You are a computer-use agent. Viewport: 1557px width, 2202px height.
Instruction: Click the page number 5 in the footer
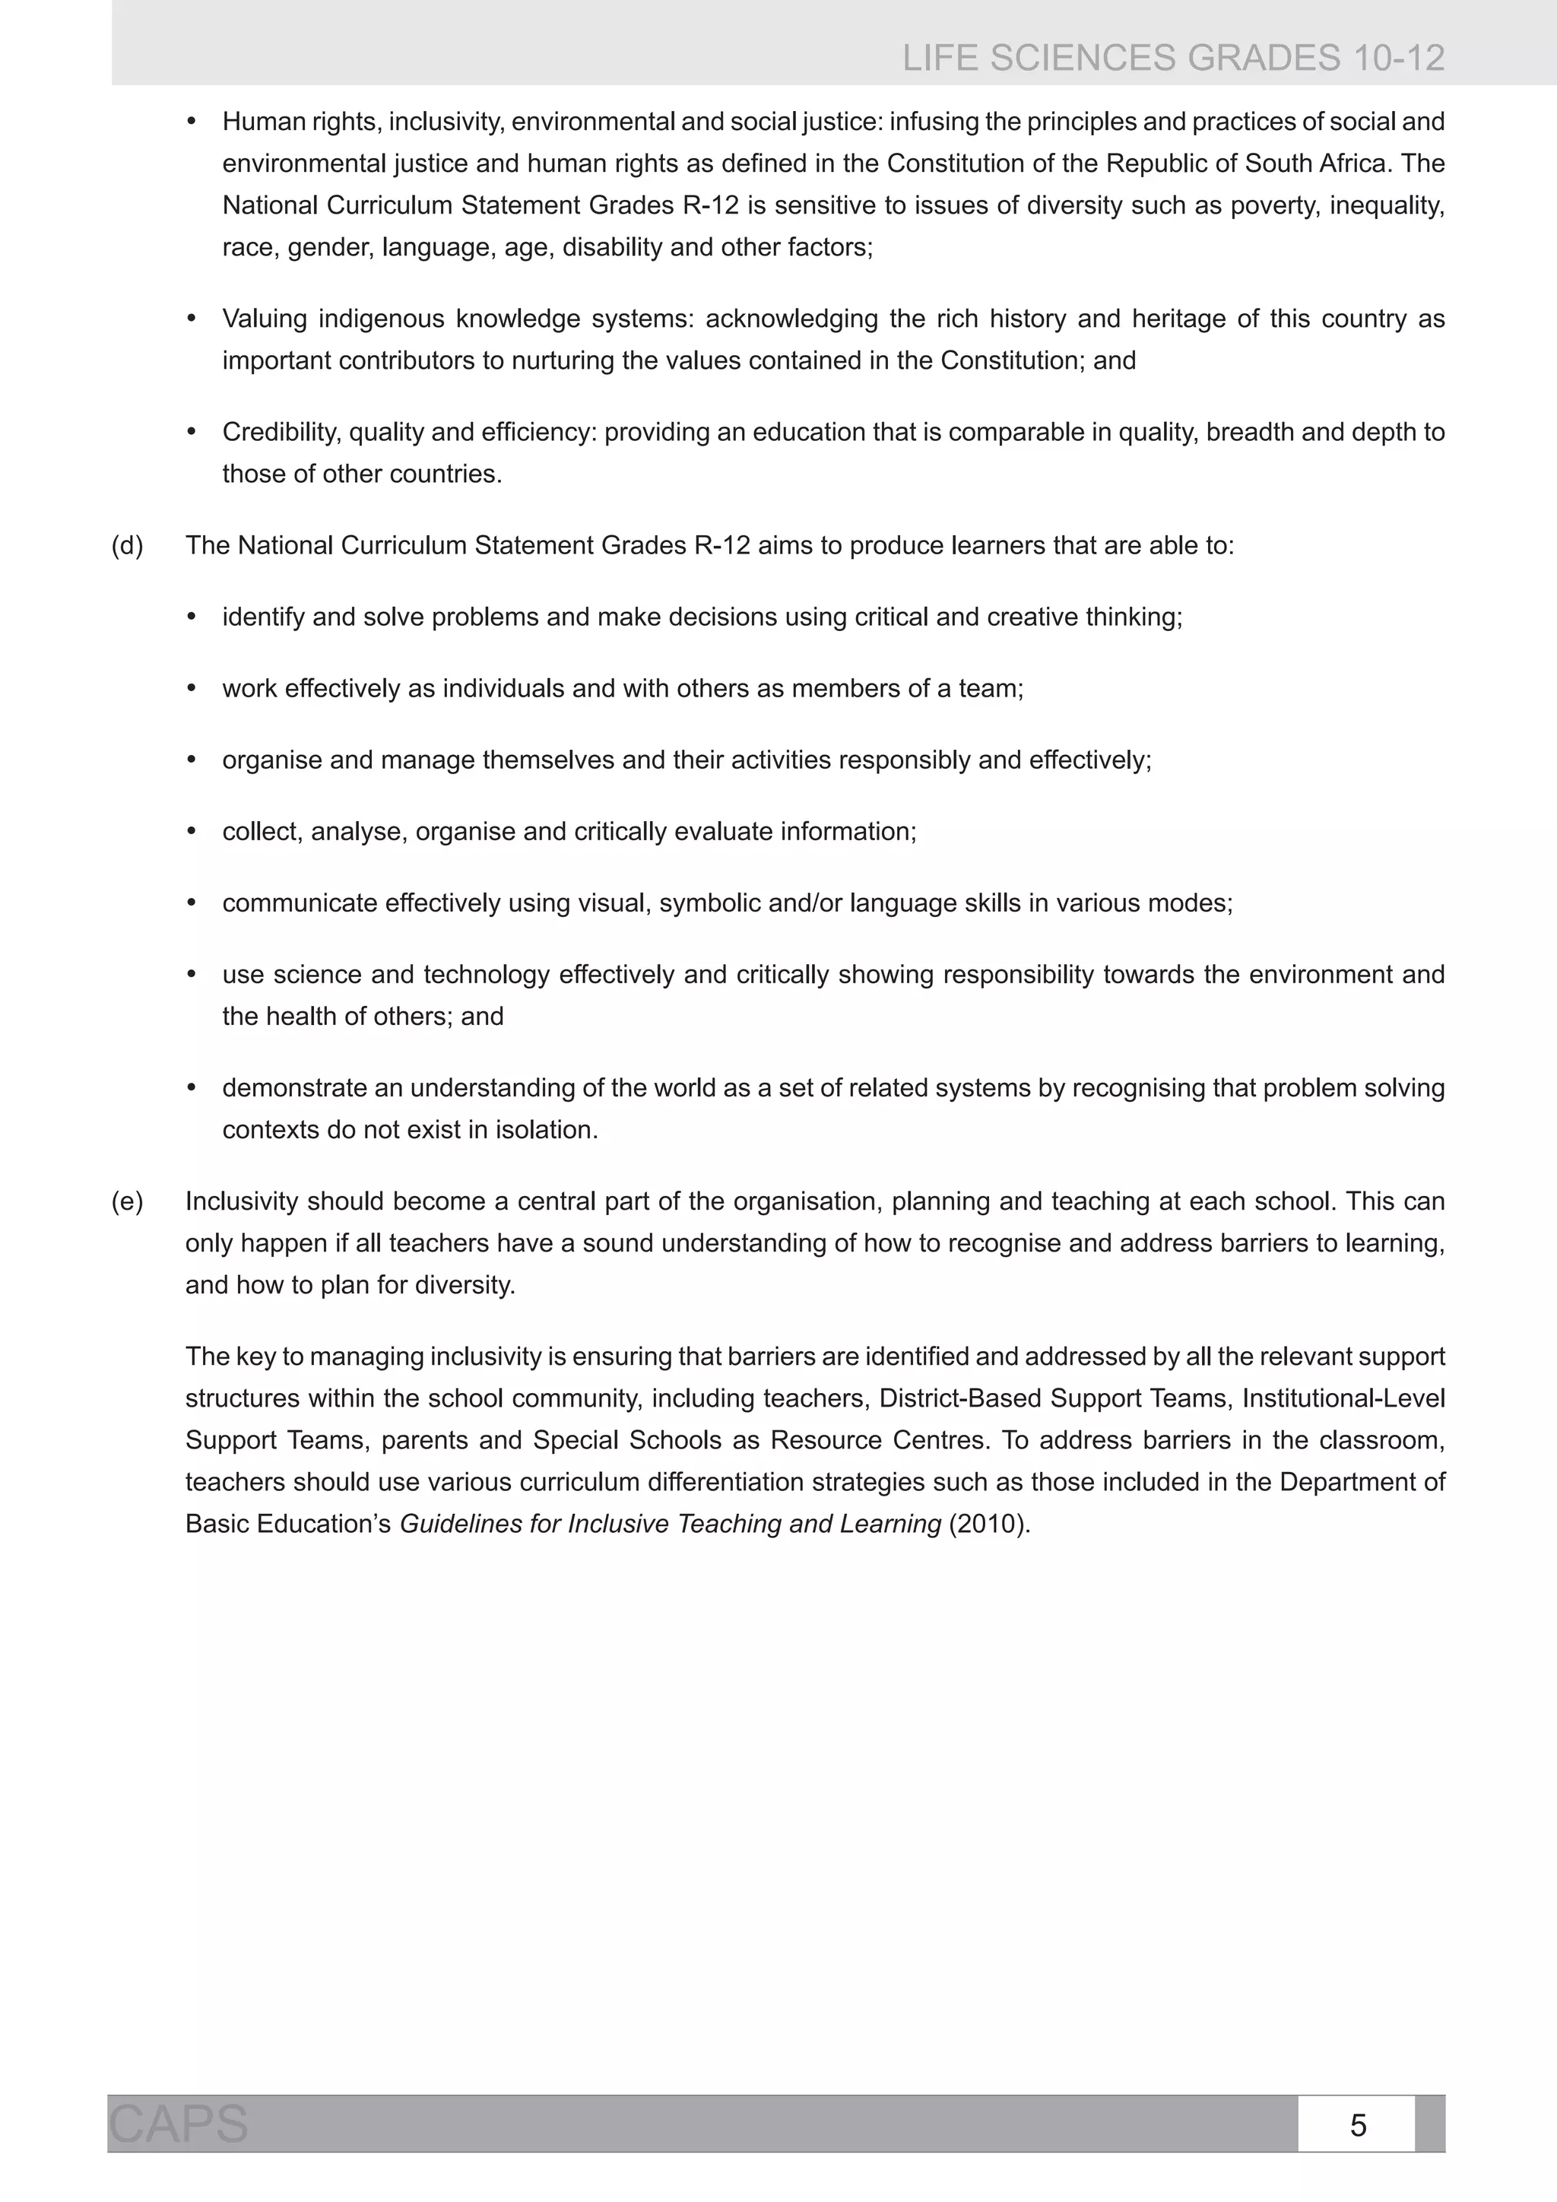coord(1358,2125)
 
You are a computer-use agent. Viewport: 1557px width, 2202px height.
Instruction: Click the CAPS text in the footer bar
coord(179,2124)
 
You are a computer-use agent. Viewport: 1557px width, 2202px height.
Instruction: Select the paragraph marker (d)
coord(128,546)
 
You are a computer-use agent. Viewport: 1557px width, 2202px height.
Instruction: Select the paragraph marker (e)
coord(128,1201)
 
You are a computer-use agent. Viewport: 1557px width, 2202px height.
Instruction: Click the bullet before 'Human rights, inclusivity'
coord(192,122)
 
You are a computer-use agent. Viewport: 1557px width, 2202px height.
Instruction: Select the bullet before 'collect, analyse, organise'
coord(192,832)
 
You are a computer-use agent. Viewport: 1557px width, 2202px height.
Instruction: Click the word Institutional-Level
coord(1343,1398)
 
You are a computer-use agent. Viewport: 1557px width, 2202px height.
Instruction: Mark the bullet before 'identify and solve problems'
coord(192,617)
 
